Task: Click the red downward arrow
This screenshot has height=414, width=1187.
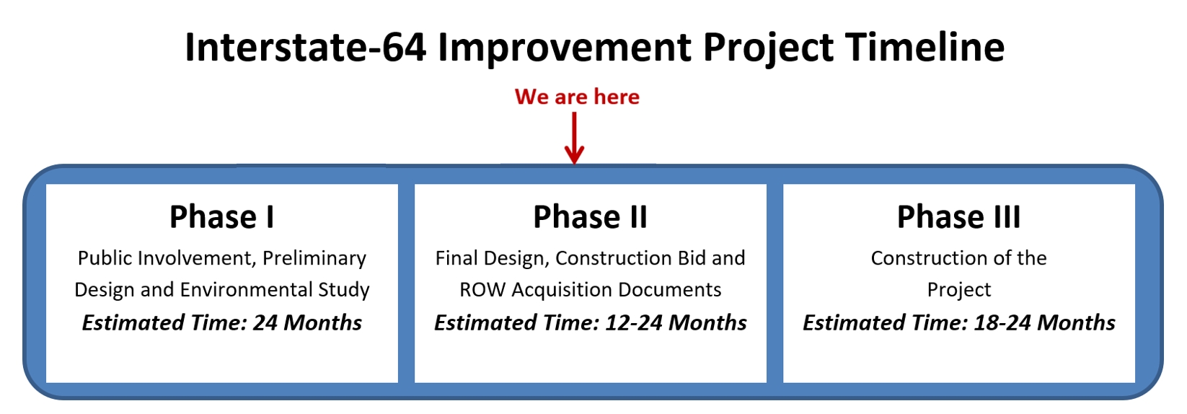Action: coord(574,138)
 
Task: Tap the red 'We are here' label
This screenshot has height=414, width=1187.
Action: coord(577,97)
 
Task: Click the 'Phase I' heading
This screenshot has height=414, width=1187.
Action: coord(222,217)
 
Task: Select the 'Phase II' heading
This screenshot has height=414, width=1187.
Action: coord(591,217)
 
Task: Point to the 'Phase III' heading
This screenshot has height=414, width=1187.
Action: coord(958,217)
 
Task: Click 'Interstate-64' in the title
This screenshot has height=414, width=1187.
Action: coord(305,48)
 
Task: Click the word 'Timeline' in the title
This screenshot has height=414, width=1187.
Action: coord(925,48)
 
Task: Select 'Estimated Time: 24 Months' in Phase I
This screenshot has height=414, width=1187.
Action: coord(222,323)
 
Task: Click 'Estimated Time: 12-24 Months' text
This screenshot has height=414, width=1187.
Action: coord(591,323)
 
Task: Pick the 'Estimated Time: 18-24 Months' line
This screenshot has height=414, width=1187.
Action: coord(958,323)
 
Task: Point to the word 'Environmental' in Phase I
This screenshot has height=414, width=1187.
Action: coord(247,290)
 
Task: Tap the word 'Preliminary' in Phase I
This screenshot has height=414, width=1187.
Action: coord(314,259)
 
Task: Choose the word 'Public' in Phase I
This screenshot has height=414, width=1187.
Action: coord(101,258)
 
